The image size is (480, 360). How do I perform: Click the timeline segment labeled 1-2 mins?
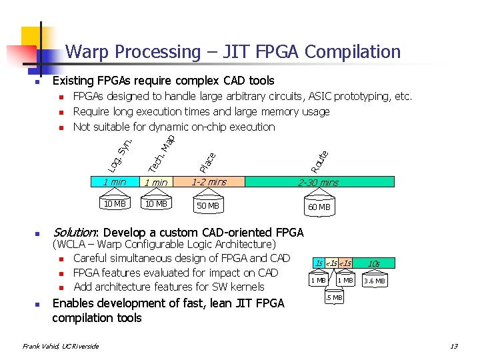pos(209,181)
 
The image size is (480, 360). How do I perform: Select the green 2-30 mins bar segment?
pos(319,182)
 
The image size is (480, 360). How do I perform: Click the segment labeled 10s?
pos(374,264)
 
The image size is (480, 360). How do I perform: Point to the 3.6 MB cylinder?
pos(374,281)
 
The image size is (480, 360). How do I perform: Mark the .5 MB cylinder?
pos(334,298)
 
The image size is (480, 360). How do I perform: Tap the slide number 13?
pos(453,346)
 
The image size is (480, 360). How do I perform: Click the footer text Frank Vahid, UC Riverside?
pos(60,346)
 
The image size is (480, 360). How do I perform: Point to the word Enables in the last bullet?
pos(73,303)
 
